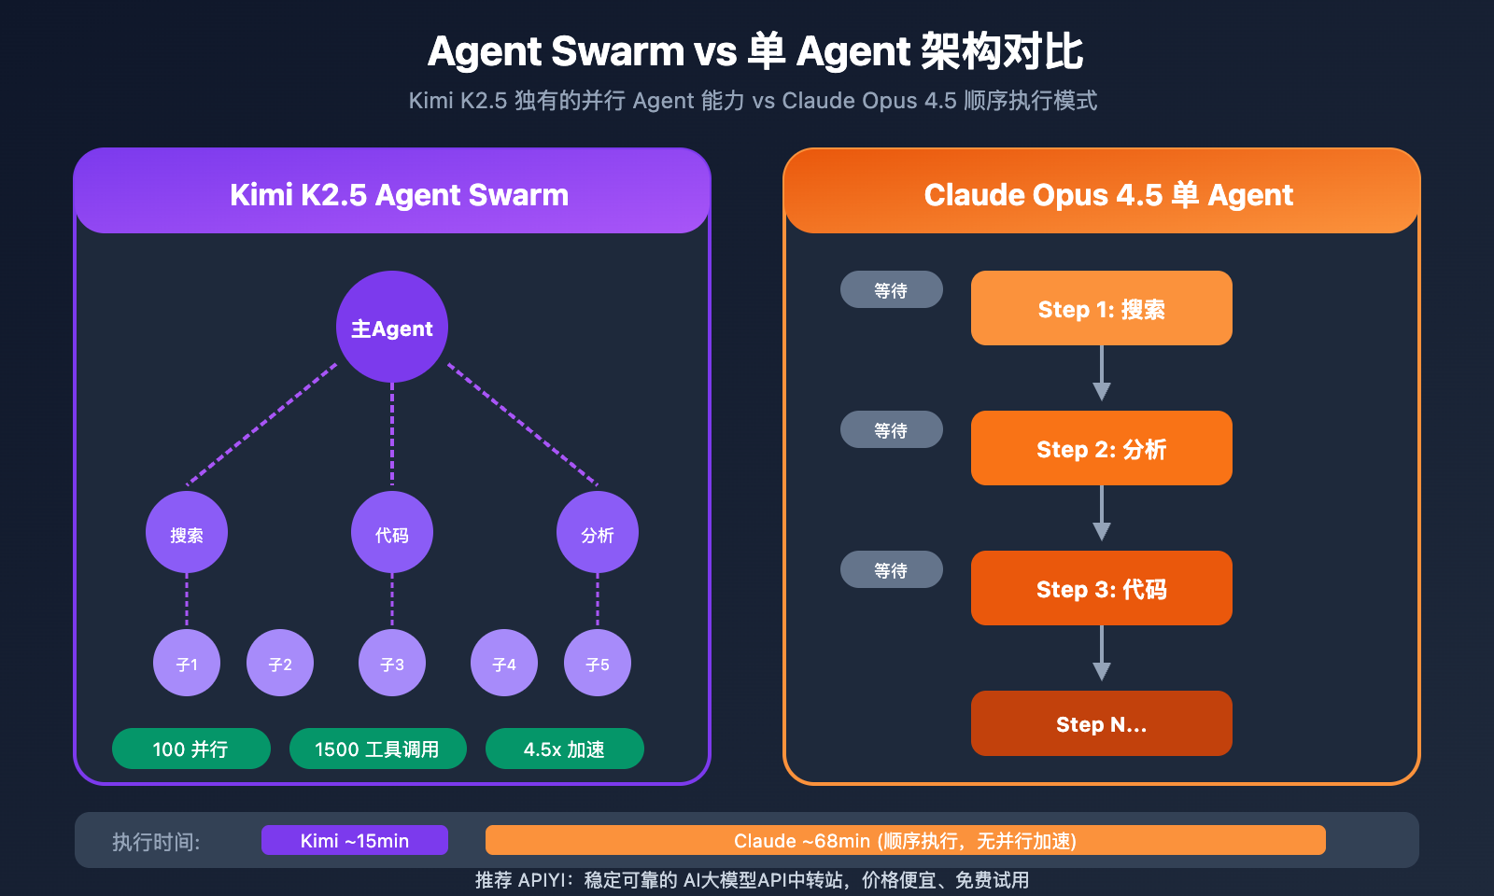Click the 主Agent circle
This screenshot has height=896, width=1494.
(392, 327)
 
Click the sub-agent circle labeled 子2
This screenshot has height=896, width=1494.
(280, 663)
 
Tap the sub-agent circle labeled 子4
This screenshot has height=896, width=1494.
(504, 663)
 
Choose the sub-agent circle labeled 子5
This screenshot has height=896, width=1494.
(598, 663)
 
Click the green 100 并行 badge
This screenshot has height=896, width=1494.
(191, 749)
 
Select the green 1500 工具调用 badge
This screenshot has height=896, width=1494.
(378, 749)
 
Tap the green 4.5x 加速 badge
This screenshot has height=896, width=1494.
(565, 749)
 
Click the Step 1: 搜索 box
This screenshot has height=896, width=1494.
(1102, 308)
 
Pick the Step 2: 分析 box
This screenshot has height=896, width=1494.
(1102, 448)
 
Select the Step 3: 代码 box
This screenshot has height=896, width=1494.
(1102, 588)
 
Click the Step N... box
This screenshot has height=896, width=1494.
(1102, 723)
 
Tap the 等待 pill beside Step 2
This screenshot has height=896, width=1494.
(892, 429)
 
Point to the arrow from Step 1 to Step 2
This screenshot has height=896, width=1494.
(1102, 373)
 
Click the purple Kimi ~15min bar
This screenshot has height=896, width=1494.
(355, 840)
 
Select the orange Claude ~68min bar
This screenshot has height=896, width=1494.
(906, 840)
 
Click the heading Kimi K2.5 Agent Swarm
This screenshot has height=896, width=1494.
(399, 194)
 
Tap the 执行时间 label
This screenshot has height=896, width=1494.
(156, 842)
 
